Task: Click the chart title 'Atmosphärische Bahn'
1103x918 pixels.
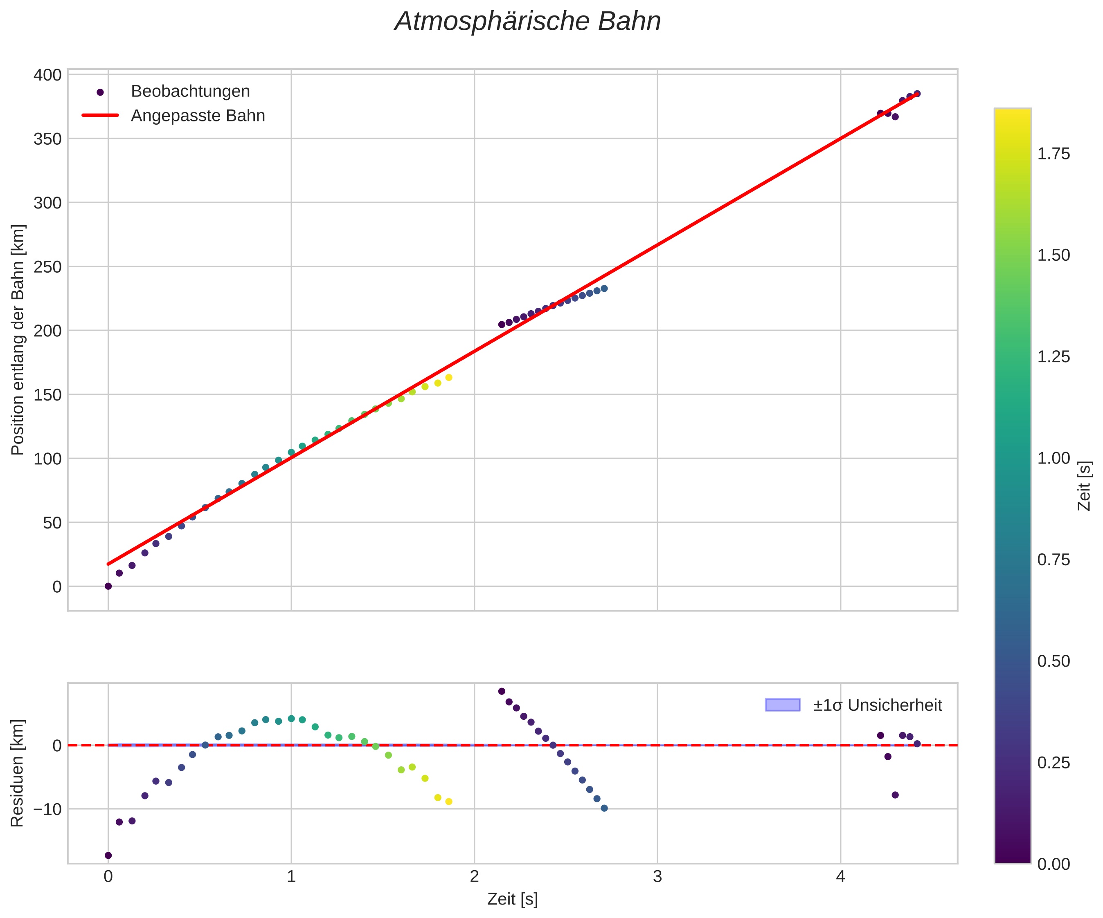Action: coord(527,22)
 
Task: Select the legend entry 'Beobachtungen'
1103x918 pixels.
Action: coord(190,91)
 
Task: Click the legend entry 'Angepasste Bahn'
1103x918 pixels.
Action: coord(198,116)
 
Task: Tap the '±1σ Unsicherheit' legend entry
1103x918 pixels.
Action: coord(877,705)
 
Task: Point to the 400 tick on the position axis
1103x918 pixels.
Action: coord(48,75)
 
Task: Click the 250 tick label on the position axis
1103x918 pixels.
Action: coord(48,266)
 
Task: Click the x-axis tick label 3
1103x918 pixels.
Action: coord(657,877)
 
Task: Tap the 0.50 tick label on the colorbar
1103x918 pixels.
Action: coord(1053,661)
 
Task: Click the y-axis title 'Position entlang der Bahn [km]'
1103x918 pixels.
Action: coord(18,340)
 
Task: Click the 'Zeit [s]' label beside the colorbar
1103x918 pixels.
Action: coord(1084,486)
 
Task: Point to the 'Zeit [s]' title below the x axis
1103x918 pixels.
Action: coord(512,899)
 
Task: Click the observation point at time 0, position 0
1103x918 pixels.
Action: coord(108,586)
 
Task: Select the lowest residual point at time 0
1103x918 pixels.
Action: coord(108,855)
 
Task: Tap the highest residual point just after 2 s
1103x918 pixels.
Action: coord(502,691)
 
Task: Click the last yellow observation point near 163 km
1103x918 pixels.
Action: coord(448,377)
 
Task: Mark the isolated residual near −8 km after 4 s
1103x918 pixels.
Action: coord(895,795)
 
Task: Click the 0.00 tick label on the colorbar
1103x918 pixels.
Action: coord(1053,864)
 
